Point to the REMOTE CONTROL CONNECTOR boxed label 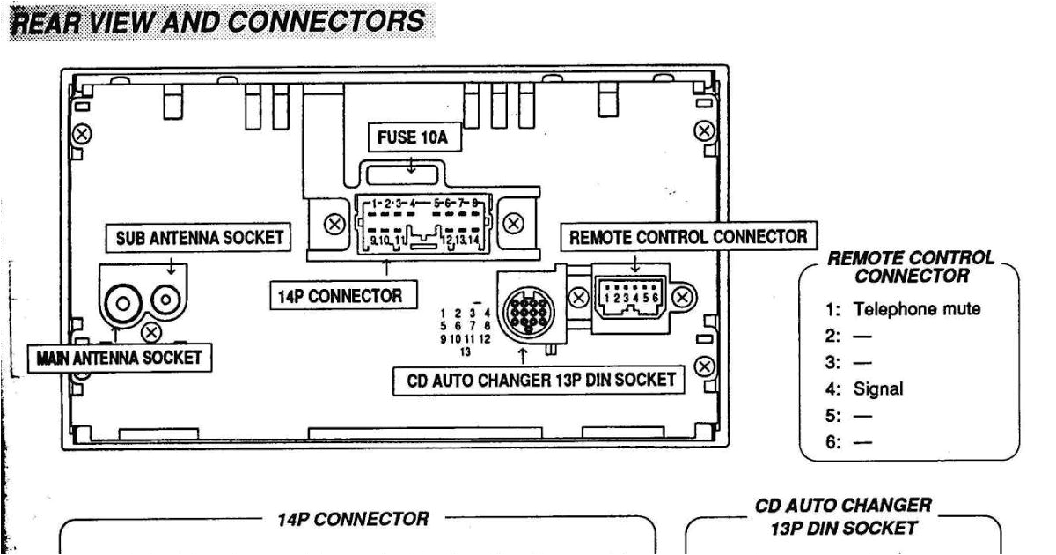687,237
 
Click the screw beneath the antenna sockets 151,332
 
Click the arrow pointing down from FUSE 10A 412,164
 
